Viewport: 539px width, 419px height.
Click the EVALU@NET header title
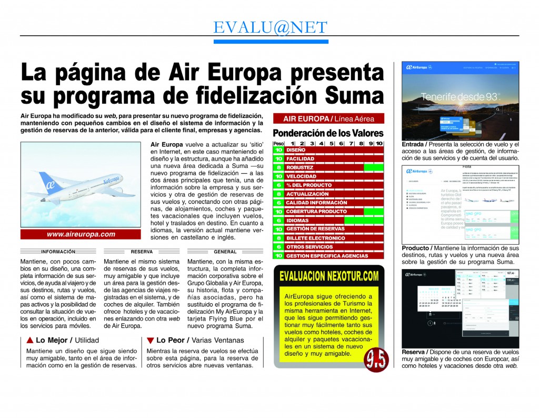click(x=270, y=27)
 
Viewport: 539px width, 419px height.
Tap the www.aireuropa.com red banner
click(x=81, y=234)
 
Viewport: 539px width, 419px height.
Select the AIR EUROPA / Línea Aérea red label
click(x=329, y=118)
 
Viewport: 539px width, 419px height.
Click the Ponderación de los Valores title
click(x=328, y=133)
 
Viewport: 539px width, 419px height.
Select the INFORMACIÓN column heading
click(x=58, y=252)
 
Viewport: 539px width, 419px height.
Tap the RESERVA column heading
click(x=142, y=252)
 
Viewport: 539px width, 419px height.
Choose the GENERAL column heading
click(x=225, y=252)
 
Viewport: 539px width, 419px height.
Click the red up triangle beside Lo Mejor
click(x=29, y=340)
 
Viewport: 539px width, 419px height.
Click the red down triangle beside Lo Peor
click(x=151, y=340)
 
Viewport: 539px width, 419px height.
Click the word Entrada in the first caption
click(x=414, y=144)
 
